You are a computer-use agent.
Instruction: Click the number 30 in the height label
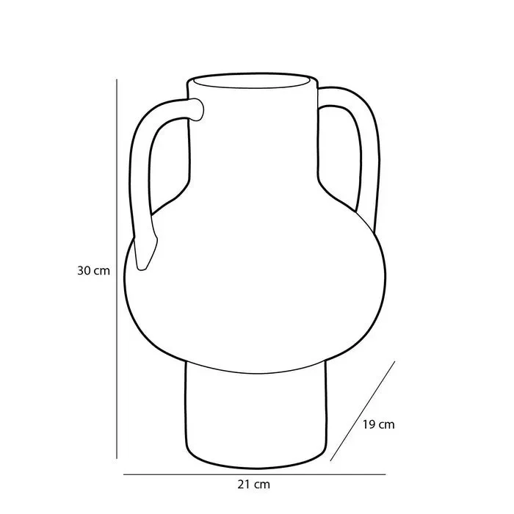83,270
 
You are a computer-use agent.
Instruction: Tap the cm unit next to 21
262,485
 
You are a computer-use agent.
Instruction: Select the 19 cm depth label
379,424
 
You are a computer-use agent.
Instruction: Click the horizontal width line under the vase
253,474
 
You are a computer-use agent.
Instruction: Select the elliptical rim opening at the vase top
253,80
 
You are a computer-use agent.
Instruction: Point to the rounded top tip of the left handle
198,109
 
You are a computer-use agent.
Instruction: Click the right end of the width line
385,474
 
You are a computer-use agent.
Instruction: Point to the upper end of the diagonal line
395,361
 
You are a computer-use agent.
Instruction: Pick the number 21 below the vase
245,485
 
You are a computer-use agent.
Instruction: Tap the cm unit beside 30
101,270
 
